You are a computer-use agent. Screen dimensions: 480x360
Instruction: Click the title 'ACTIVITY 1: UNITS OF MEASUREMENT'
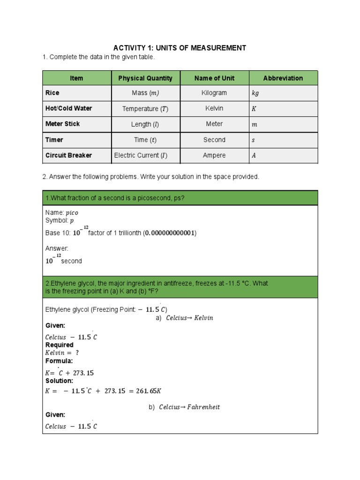tap(180, 48)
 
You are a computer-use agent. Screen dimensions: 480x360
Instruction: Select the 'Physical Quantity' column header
tap(145, 78)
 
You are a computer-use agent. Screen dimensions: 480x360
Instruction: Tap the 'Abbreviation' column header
tap(283, 78)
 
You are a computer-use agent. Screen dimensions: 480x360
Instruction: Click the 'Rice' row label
tap(52, 93)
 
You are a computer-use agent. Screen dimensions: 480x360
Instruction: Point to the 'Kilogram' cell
tap(214, 93)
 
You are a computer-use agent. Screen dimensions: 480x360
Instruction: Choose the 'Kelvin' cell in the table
tap(214, 108)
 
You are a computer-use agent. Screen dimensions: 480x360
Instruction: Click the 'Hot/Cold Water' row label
tap(68, 108)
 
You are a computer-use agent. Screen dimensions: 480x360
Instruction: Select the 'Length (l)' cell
tap(145, 124)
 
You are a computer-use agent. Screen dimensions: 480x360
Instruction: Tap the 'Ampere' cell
tap(214, 155)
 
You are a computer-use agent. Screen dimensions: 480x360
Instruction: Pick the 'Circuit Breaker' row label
tap(68, 155)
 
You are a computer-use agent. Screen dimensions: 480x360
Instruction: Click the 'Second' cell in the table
tap(214, 140)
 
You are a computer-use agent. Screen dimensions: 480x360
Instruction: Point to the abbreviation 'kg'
tap(255, 93)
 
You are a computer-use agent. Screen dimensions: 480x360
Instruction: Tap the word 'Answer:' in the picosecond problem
tap(57, 248)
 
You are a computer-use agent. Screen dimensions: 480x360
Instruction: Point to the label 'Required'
tap(60, 345)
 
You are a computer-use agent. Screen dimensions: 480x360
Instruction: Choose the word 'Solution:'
tap(59, 381)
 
